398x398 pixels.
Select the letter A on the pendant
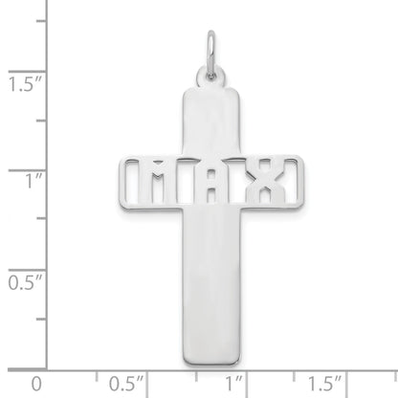(x=214, y=178)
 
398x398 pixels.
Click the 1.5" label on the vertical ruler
(x=17, y=84)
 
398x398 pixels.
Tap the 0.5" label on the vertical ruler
(x=17, y=283)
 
